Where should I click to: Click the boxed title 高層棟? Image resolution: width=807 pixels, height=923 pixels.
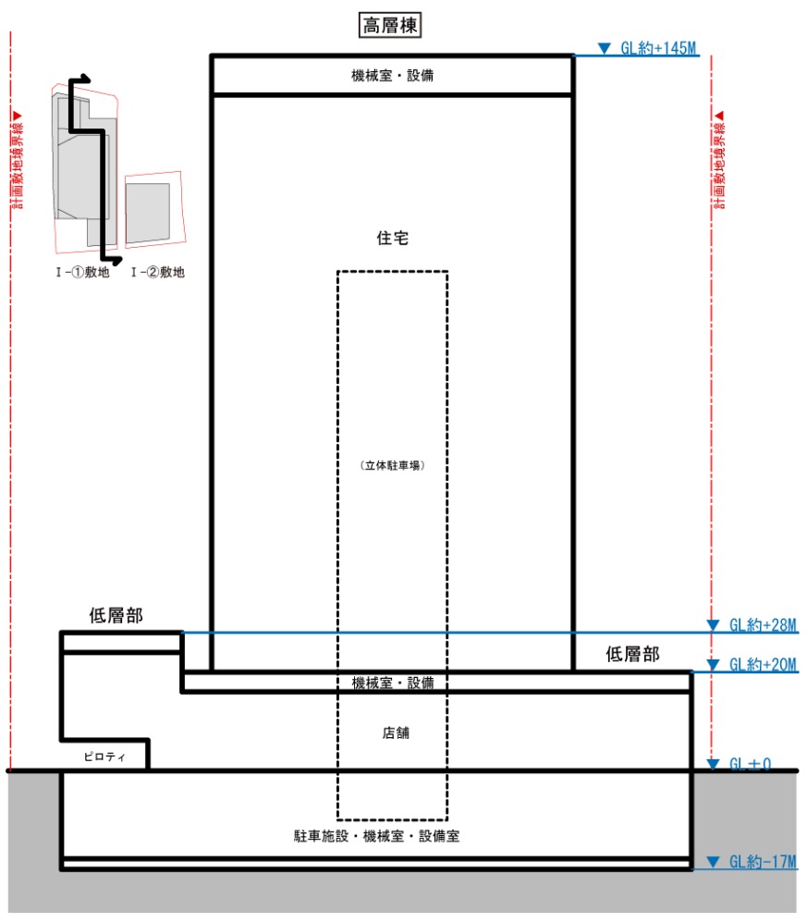(390, 25)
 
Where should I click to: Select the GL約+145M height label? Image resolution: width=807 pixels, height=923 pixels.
(658, 48)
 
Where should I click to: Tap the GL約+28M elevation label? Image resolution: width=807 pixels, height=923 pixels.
(763, 624)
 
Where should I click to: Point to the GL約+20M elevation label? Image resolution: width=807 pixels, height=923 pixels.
(763, 665)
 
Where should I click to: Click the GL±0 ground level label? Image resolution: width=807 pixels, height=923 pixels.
(750, 764)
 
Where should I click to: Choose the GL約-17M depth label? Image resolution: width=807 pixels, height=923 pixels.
(763, 862)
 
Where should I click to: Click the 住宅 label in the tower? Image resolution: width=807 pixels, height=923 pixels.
(392, 239)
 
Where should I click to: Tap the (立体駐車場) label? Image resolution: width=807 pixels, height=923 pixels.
(392, 465)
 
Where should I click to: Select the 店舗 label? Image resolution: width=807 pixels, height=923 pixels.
(396, 732)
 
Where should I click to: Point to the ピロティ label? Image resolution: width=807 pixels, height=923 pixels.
(104, 757)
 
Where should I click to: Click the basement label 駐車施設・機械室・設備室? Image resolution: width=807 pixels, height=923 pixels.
(376, 836)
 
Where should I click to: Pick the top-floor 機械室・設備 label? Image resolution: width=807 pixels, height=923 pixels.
(392, 75)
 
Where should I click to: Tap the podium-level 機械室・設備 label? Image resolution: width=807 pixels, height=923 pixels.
(392, 683)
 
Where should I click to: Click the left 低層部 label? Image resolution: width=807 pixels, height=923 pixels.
(116, 616)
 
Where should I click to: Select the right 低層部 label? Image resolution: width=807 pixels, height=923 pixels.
(632, 654)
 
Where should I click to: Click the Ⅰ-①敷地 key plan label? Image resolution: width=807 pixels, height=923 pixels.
(83, 272)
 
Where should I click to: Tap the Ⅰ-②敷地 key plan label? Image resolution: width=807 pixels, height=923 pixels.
(158, 272)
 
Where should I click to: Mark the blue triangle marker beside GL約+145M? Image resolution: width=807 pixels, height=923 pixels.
(604, 48)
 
